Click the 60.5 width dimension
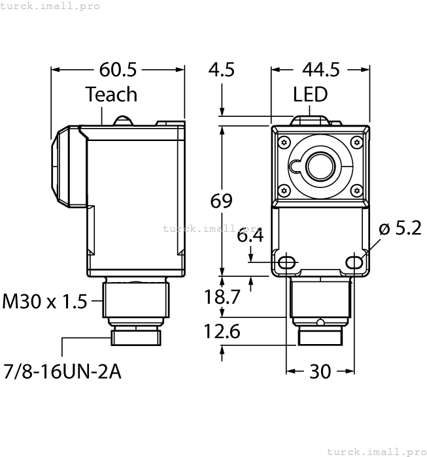click(118, 69)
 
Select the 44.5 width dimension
click(321, 69)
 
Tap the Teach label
click(111, 95)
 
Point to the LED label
click(310, 95)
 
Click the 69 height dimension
click(221, 201)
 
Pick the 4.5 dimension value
click(221, 69)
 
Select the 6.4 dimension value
click(250, 236)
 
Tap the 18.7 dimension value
click(222, 297)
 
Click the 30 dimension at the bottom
click(320, 371)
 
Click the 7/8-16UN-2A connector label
click(62, 372)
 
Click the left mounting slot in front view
click(286, 262)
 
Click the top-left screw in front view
click(283, 142)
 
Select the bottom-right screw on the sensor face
click(356, 190)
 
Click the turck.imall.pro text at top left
click(50, 6)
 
